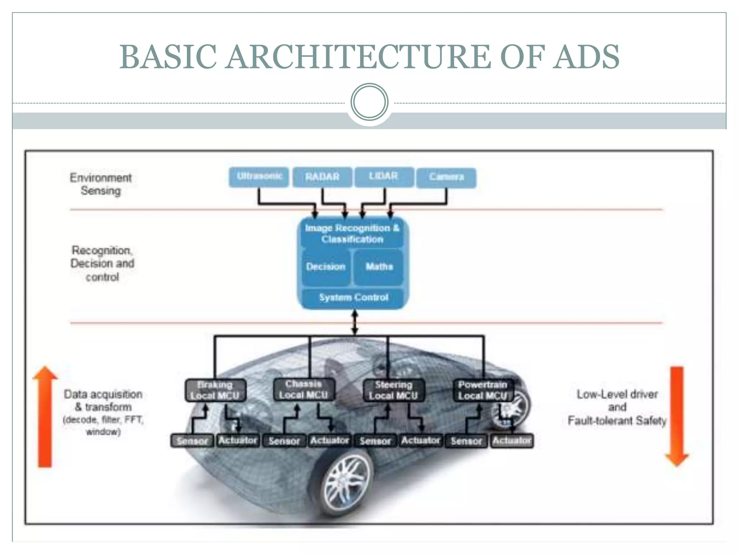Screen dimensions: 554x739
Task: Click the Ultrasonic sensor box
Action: (x=259, y=177)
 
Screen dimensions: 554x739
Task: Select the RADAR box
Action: (x=322, y=177)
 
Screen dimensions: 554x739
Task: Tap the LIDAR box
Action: (x=384, y=177)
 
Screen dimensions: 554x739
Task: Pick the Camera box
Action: (x=446, y=177)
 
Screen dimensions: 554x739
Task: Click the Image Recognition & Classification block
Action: (x=353, y=234)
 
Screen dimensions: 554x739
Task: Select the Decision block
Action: (x=325, y=267)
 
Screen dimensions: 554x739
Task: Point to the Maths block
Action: (x=379, y=267)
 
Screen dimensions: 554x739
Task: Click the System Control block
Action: (x=353, y=298)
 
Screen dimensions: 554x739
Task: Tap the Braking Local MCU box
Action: (x=215, y=390)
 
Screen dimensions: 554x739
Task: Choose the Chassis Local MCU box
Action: (x=304, y=390)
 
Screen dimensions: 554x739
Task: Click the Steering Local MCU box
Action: (x=393, y=390)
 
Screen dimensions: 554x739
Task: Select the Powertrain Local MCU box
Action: (x=483, y=390)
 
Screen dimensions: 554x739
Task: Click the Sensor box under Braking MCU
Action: (x=192, y=441)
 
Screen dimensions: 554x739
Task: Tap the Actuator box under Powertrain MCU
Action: (x=512, y=441)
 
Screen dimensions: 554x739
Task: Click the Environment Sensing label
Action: (x=101, y=184)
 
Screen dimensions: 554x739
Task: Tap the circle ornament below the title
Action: (x=369, y=102)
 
